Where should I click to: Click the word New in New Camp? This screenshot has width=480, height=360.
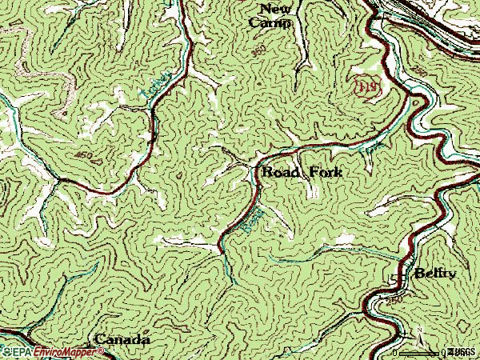pos(270,9)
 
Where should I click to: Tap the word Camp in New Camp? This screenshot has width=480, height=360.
pos(270,23)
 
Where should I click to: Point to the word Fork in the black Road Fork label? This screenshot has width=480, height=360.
pos(325,171)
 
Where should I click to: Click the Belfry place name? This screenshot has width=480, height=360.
pos(434,274)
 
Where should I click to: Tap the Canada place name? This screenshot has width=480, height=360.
pos(122,339)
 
